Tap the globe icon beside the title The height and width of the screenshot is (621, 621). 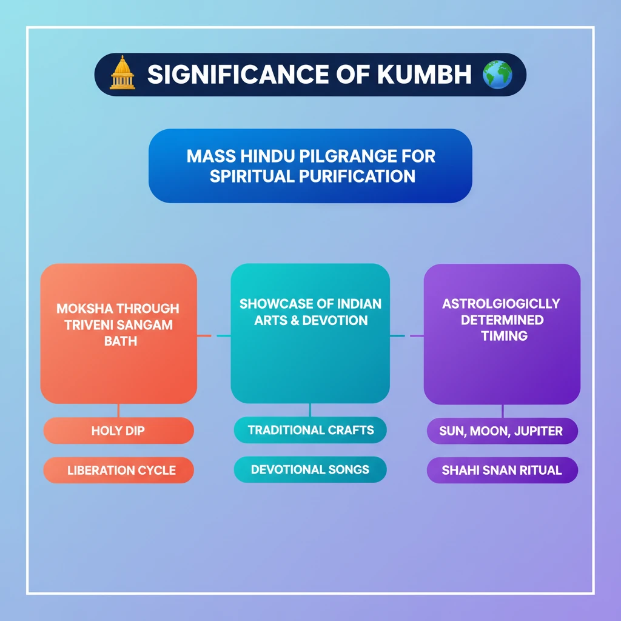point(497,74)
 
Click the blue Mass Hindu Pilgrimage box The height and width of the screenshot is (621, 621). point(310,166)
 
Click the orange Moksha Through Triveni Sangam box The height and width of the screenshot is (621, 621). point(119,334)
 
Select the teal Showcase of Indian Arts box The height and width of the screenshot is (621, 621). point(310,334)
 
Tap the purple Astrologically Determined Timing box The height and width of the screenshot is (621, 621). point(502,334)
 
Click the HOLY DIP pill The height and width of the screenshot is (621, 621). point(119,431)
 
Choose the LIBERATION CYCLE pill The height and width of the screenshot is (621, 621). point(119,470)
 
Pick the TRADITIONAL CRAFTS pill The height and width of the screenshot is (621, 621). point(310,430)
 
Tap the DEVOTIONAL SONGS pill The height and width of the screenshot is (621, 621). point(310,469)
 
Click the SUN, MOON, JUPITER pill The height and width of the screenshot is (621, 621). point(502,431)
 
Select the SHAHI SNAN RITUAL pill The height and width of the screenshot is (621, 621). point(502,470)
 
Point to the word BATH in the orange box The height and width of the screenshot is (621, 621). point(121,341)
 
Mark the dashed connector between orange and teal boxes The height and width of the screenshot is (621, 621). point(213,335)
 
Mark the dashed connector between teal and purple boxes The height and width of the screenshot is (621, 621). point(406,335)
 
